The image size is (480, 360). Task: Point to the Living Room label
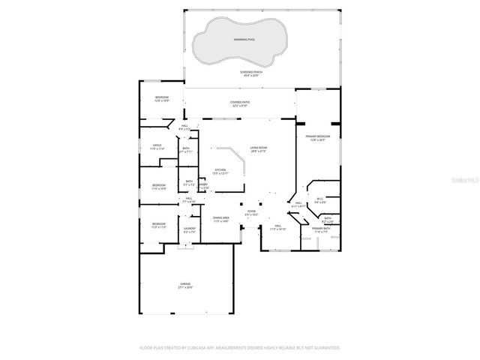click(x=259, y=149)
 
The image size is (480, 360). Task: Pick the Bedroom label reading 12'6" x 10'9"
click(x=162, y=99)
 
